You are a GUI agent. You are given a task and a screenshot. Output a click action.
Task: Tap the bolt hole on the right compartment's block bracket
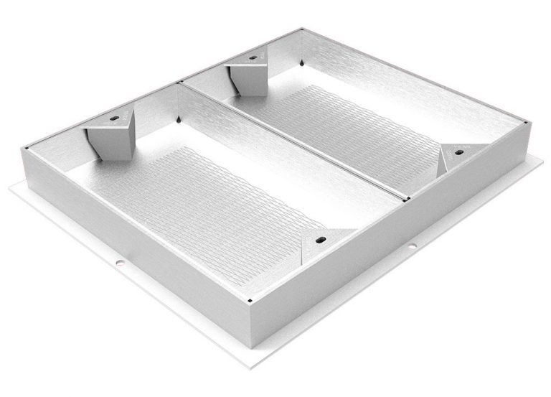click(x=253, y=57)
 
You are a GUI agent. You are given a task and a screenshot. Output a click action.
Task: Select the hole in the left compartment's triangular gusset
click(x=321, y=240)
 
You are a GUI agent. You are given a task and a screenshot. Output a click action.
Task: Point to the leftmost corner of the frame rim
click(x=26, y=149)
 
